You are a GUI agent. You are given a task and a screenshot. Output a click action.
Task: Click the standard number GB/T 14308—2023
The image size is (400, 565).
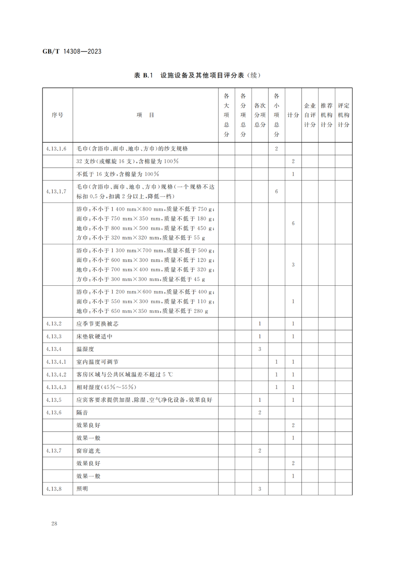click(72, 51)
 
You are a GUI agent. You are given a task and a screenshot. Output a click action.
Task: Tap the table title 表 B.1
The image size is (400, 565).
click(143, 75)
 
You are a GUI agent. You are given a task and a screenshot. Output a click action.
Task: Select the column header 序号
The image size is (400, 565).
click(57, 115)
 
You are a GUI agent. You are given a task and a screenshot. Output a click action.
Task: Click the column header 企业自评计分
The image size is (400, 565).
click(310, 115)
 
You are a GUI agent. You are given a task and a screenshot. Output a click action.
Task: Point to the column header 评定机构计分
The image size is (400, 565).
click(343, 115)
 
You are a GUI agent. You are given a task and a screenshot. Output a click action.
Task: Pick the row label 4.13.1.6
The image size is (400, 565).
click(56, 149)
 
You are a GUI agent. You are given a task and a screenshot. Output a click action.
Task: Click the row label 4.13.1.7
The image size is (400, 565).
click(56, 191)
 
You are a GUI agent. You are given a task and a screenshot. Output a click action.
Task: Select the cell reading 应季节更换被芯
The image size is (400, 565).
click(97, 324)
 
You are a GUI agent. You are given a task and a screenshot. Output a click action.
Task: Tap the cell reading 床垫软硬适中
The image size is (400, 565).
click(94, 336)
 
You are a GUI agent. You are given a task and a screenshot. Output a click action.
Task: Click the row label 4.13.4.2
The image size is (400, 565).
click(56, 374)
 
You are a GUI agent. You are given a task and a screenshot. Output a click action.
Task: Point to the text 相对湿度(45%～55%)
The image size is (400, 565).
click(106, 387)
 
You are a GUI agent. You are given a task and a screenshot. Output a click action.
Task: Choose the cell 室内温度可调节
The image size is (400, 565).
click(97, 362)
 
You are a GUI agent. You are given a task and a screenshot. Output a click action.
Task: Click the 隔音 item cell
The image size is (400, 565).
click(82, 413)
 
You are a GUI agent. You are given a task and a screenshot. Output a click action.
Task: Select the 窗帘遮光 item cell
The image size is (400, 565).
click(88, 451)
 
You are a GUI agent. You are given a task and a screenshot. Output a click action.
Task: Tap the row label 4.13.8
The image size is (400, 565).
click(54, 489)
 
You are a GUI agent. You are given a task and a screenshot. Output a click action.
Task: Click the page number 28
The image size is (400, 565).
click(54, 523)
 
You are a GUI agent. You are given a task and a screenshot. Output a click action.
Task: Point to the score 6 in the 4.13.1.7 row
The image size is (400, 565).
click(276, 191)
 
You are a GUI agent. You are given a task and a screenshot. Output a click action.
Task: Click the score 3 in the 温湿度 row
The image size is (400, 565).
click(260, 349)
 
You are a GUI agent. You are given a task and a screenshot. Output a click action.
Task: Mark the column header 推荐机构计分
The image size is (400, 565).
click(326, 115)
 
